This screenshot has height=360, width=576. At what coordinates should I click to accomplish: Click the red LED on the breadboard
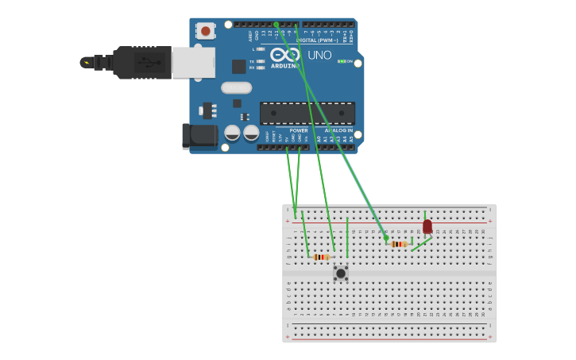click(x=427, y=226)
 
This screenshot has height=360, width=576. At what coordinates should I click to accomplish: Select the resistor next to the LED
click(x=399, y=244)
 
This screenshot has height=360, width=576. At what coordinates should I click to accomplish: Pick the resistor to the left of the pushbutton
click(x=321, y=257)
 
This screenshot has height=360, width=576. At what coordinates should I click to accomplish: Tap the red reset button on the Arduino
click(x=206, y=31)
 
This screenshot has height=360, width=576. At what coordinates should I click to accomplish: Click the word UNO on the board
click(x=319, y=55)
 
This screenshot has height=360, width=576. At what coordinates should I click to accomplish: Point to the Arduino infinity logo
click(x=285, y=54)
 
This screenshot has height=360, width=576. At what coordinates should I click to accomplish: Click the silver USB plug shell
click(x=193, y=62)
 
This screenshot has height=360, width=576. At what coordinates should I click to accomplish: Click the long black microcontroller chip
click(x=307, y=113)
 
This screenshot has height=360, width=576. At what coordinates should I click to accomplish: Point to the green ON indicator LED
click(x=342, y=61)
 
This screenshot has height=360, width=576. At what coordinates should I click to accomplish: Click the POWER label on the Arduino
click(x=299, y=130)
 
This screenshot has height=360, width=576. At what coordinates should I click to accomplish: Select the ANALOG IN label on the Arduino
click(x=338, y=130)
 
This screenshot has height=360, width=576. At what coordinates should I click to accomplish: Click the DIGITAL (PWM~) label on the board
click(x=317, y=40)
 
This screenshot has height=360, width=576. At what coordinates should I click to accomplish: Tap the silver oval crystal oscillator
click(x=236, y=87)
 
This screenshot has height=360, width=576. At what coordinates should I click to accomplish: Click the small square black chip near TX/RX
click(x=238, y=67)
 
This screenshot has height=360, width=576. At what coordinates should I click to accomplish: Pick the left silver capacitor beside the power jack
click(x=232, y=133)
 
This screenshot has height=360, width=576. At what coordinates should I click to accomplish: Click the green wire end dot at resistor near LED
click(x=386, y=238)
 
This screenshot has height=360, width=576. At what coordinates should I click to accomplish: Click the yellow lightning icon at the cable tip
click(x=85, y=62)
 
